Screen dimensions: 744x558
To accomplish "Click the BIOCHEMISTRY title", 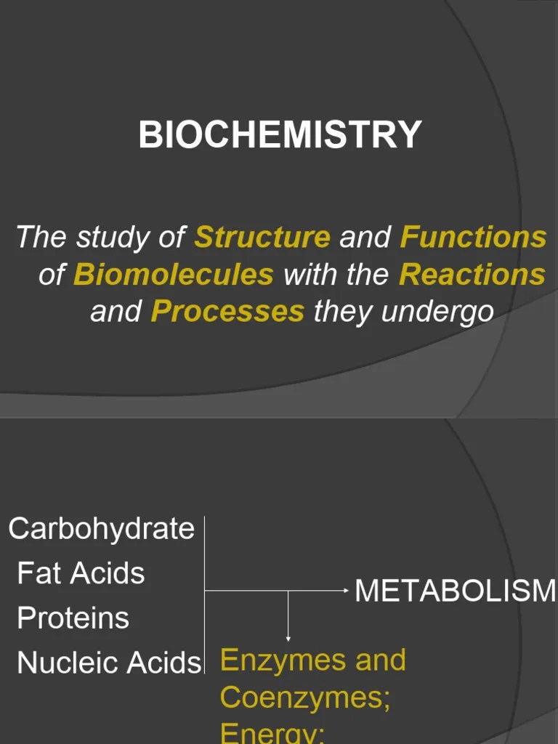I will point(280,135).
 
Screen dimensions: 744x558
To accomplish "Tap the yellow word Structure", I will point(262,237).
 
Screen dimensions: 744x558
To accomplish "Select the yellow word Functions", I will point(473,237).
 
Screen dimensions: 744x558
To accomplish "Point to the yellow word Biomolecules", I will point(174,275).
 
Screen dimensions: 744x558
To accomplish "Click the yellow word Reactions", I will point(472,275).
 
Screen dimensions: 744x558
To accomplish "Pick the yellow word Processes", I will point(227,312).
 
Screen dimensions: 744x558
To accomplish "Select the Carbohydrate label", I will point(101,528).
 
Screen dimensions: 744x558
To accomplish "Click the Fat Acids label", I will point(81,573).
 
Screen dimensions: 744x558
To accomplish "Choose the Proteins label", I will point(73,618).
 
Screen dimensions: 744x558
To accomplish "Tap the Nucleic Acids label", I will point(108,663).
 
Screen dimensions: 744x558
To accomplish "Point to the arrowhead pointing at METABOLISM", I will point(347,591).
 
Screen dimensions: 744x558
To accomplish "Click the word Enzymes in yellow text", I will point(272,660).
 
